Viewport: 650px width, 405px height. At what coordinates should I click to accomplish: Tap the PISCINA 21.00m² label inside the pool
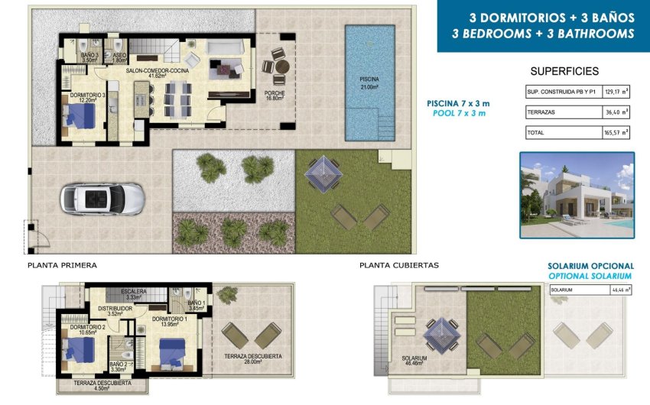[x=369, y=83]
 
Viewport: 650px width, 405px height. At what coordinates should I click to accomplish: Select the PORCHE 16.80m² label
[x=275, y=95]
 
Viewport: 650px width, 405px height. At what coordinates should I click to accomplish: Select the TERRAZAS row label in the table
[x=541, y=112]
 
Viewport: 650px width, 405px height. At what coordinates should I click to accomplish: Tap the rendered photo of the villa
[x=577, y=195]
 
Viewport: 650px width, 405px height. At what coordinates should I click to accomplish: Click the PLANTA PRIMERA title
[x=62, y=265]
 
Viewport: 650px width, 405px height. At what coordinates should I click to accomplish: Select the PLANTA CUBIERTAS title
[x=398, y=265]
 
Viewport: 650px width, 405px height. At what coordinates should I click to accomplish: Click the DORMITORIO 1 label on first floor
[x=167, y=322]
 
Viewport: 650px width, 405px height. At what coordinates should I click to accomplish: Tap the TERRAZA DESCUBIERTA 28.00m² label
[x=253, y=359]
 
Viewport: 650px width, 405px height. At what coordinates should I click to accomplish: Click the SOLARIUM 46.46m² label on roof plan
[x=414, y=361]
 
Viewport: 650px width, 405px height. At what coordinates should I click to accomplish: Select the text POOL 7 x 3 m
[x=457, y=113]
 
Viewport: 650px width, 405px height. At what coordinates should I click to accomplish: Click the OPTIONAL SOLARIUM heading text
[x=590, y=275]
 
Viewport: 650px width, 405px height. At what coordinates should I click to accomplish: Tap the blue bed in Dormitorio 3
[x=80, y=118]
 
